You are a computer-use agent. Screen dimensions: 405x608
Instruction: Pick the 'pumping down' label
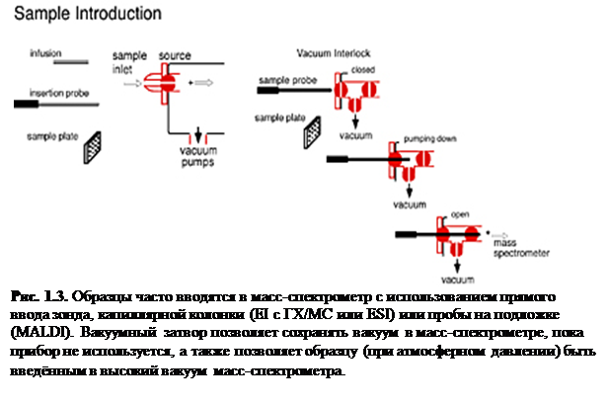pos(414,140)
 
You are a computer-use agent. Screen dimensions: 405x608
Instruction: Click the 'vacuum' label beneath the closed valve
pos(355,132)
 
